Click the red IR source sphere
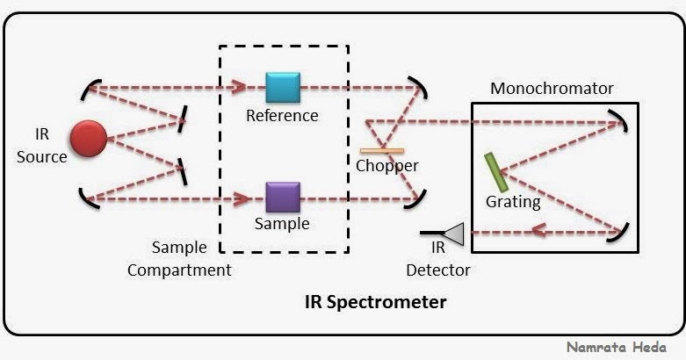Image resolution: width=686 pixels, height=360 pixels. click(88, 139)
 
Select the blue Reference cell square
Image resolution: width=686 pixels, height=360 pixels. click(283, 89)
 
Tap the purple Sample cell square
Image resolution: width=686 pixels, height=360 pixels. click(283, 198)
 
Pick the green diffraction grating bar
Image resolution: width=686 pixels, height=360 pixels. click(496, 172)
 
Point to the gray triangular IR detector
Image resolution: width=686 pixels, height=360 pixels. click(453, 234)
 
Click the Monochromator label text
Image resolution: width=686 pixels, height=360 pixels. click(552, 89)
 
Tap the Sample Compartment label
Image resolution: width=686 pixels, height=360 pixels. click(179, 259)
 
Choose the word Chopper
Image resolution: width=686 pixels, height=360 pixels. click(387, 165)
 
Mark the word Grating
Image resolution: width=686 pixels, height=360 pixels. click(513, 202)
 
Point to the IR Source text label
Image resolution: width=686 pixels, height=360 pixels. click(41, 147)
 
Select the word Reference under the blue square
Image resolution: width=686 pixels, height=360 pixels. click(282, 116)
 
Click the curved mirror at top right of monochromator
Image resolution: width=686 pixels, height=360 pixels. click(621, 120)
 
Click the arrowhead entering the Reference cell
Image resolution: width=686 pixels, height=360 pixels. click(239, 87)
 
